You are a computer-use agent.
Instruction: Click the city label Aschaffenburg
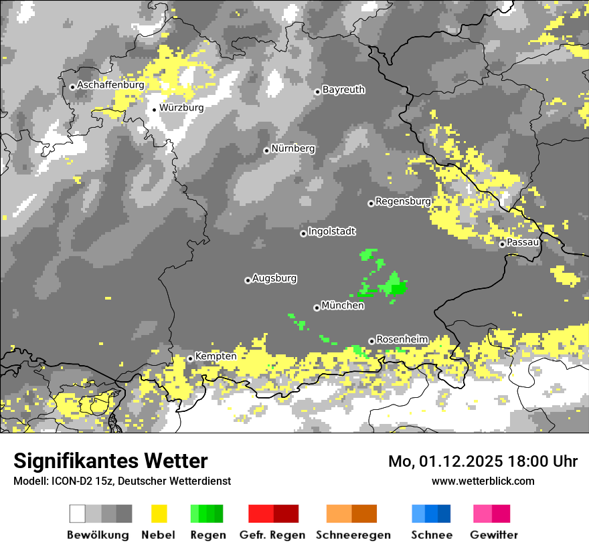click(110, 86)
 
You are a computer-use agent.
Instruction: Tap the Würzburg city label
click(181, 108)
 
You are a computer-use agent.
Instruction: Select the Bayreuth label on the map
click(343, 90)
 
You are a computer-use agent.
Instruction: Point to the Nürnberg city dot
click(266, 150)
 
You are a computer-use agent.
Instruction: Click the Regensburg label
click(403, 201)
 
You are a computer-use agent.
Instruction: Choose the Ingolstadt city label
click(332, 231)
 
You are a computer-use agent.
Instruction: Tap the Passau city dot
click(502, 244)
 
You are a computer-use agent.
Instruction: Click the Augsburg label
click(274, 278)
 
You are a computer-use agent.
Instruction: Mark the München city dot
click(317, 308)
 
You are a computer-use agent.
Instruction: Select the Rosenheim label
click(402, 340)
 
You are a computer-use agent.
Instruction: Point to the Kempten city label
click(216, 356)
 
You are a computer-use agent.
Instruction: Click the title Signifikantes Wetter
click(110, 461)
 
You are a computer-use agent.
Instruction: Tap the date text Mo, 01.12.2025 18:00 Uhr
click(483, 461)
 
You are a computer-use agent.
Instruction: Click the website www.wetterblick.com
click(483, 481)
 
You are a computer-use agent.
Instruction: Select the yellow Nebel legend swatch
click(159, 514)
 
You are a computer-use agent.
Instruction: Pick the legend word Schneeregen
click(353, 535)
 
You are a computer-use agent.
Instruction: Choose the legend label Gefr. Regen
click(272, 535)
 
